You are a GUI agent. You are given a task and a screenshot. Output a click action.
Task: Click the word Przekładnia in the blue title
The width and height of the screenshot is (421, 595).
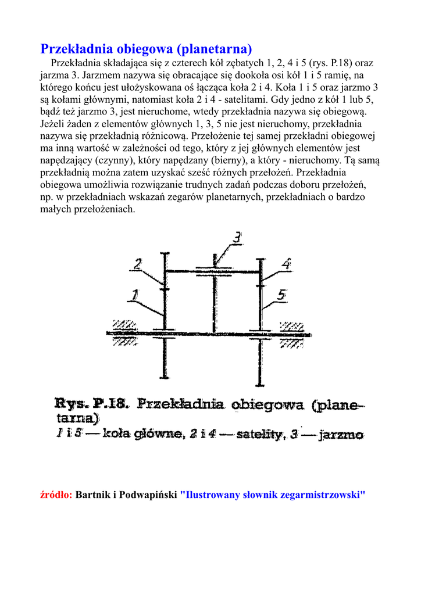click(77, 48)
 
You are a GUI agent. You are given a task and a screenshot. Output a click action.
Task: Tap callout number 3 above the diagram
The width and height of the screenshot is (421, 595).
click(237, 238)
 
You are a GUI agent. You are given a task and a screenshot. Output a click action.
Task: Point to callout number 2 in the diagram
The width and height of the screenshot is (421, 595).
click(138, 264)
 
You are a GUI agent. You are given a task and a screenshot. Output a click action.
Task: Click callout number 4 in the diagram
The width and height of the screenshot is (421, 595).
click(286, 264)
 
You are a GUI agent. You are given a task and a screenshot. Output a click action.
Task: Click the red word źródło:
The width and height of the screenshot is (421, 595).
click(56, 495)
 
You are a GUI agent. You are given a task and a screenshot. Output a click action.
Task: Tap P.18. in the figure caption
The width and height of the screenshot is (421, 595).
click(113, 404)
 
